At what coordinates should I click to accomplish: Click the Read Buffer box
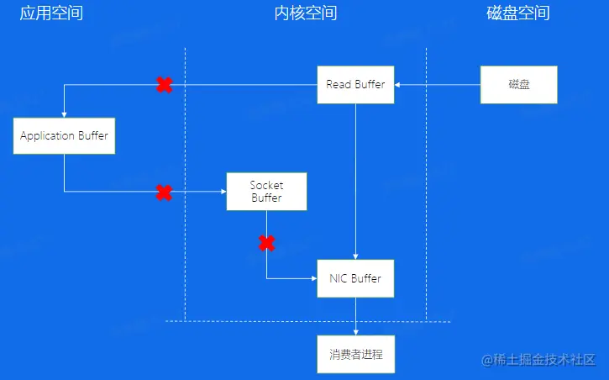pyautogui.click(x=355, y=84)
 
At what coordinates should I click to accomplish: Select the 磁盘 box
pyautogui.click(x=519, y=84)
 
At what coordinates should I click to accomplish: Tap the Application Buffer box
pyautogui.click(x=64, y=135)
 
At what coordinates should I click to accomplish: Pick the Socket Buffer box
pyautogui.click(x=266, y=192)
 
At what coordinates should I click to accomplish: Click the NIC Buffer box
pyautogui.click(x=355, y=278)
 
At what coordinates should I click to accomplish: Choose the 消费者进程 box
pyautogui.click(x=355, y=354)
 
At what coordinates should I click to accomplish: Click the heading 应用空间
pyautogui.click(x=51, y=13)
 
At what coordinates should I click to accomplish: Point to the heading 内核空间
pyautogui.click(x=305, y=13)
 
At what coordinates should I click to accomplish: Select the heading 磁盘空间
pyautogui.click(x=518, y=13)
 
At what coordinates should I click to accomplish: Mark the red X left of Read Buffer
pyautogui.click(x=165, y=84)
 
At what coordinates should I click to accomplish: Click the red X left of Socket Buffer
pyautogui.click(x=165, y=193)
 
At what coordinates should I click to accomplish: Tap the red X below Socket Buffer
pyautogui.click(x=266, y=244)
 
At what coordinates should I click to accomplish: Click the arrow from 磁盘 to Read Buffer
pyautogui.click(x=437, y=84)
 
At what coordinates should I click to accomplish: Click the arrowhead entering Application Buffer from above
pyautogui.click(x=64, y=115)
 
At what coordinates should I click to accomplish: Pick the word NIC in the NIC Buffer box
pyautogui.click(x=338, y=278)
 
